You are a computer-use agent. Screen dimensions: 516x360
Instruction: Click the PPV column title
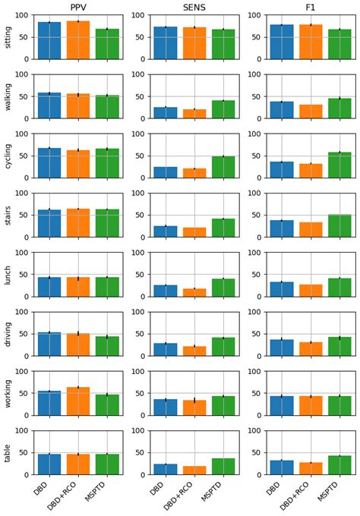coord(78,7)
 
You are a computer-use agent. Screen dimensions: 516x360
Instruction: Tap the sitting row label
coord(8,36)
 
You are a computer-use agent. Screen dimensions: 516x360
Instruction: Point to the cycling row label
coord(8,156)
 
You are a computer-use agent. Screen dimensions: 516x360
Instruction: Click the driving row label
coord(8,334)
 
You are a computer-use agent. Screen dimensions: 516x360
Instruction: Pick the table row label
coord(8,453)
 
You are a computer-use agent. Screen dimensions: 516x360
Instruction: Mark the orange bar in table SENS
coord(194,470)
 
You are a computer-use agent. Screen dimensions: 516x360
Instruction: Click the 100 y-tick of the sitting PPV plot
coord(21,15)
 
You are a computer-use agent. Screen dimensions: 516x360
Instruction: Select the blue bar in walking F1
coord(281,111)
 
